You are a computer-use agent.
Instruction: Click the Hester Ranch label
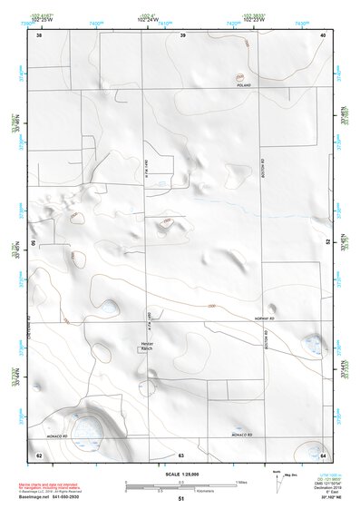click(x=149, y=345)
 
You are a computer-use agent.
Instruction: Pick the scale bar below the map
click(x=180, y=484)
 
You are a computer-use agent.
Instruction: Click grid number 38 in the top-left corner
click(x=39, y=35)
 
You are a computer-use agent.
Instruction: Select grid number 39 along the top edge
click(x=182, y=35)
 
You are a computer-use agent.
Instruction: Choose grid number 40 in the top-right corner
click(x=323, y=35)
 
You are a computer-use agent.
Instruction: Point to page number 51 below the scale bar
click(x=181, y=499)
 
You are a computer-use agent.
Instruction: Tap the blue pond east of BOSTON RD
click(x=314, y=343)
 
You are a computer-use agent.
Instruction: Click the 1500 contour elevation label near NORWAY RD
click(x=211, y=306)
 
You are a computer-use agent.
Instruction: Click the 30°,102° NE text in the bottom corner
click(x=326, y=497)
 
